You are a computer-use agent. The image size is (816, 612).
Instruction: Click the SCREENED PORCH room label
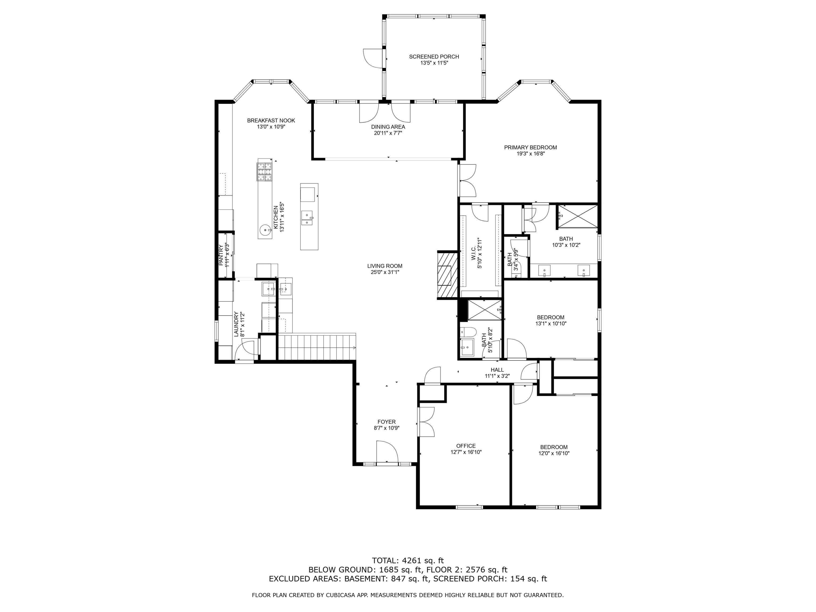434,56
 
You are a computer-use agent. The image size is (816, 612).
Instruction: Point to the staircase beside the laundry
317,346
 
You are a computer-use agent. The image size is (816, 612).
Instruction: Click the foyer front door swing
386,451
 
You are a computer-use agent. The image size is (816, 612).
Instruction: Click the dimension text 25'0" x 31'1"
385,272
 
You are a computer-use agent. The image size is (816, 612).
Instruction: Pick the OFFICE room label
466,446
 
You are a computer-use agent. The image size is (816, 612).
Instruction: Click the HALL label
497,370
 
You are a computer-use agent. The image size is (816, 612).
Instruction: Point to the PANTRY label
221,255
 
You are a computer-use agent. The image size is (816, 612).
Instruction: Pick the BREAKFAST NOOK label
271,121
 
